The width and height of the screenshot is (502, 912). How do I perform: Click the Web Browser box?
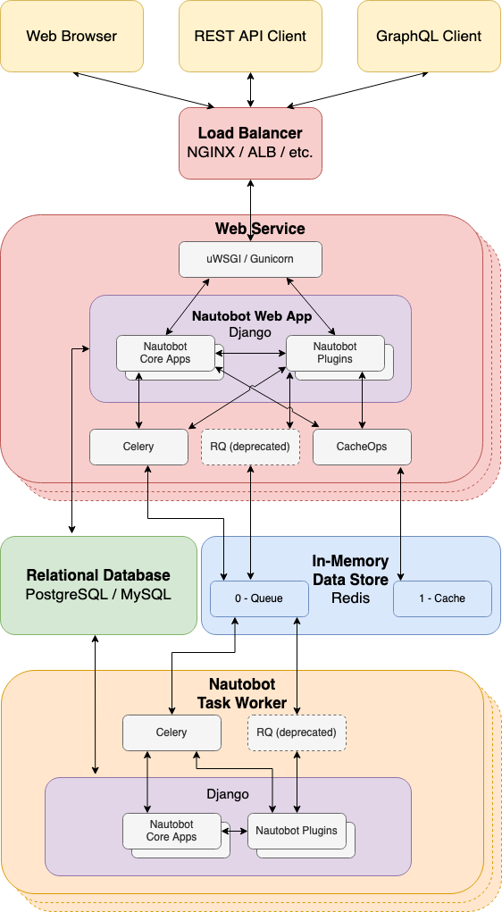(x=71, y=37)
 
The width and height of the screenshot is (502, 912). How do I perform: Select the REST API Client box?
(x=250, y=37)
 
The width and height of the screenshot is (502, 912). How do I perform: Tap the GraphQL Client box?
(x=429, y=37)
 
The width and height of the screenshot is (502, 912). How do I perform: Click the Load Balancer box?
(x=250, y=143)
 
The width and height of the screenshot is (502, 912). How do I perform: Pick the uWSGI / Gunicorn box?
(x=250, y=259)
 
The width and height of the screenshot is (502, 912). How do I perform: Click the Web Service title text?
(x=260, y=229)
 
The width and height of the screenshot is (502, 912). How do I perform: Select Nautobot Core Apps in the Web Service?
(x=164, y=353)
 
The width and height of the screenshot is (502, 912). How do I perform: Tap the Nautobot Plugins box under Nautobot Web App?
(x=334, y=353)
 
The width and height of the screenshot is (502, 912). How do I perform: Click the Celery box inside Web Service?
(x=138, y=447)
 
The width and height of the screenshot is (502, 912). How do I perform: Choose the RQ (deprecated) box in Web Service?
(x=250, y=447)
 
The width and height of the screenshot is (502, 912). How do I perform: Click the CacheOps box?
(x=362, y=447)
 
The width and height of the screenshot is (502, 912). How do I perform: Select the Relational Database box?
(x=98, y=585)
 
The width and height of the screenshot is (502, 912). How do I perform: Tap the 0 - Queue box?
(x=259, y=598)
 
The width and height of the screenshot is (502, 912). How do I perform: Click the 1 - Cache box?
(x=442, y=598)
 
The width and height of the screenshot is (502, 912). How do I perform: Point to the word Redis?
(x=350, y=598)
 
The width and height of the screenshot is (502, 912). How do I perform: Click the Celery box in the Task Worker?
(x=172, y=732)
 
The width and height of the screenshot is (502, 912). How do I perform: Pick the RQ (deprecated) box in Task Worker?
(x=297, y=732)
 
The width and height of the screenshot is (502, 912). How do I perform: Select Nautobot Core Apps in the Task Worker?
(x=172, y=831)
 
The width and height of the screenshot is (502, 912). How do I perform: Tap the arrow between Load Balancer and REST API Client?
(x=250, y=89)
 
